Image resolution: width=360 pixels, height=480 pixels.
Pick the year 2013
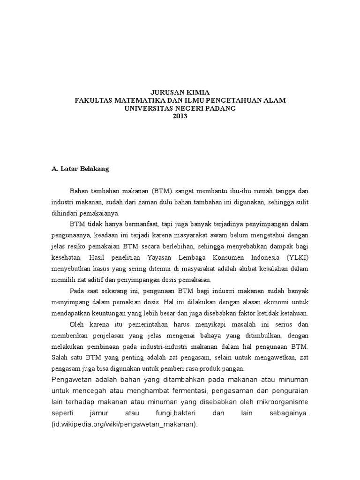[x=180, y=116]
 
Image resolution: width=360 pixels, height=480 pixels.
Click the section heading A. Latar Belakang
[x=80, y=169]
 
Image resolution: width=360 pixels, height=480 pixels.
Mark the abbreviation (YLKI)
[x=295, y=257]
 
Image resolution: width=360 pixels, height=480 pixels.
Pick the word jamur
[x=97, y=413]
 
